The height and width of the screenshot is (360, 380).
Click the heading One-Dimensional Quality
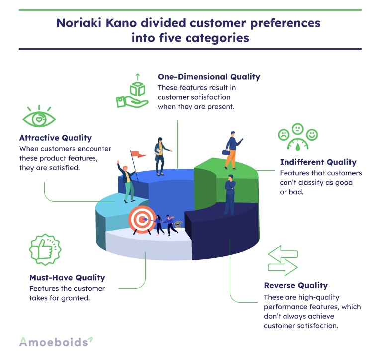point(209,77)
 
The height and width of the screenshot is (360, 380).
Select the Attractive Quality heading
point(56,138)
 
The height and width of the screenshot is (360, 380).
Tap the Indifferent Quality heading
point(318,162)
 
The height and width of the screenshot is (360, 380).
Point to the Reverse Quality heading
point(295,285)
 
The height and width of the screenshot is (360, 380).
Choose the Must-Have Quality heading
point(67,278)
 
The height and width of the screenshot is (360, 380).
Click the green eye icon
point(39,117)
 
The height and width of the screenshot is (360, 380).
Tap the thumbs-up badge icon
point(45,249)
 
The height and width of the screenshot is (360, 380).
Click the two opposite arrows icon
point(283,261)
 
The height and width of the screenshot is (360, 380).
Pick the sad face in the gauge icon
point(284,134)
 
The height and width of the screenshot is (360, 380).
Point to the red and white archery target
point(142,219)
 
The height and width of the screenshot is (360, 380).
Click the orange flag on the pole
point(138,154)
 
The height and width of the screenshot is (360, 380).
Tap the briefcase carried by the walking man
point(226,152)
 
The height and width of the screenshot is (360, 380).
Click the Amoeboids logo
point(56,342)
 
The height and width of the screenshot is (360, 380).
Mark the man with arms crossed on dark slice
point(230,195)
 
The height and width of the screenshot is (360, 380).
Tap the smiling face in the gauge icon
point(312,134)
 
